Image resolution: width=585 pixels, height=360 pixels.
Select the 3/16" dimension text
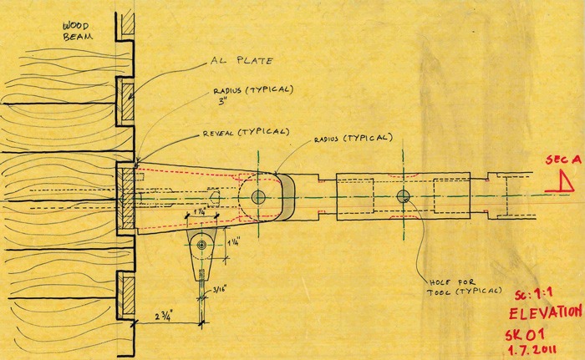pos(220,292)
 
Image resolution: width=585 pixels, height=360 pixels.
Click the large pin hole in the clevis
pos(258,196)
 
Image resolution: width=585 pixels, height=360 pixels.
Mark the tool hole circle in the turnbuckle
pos(404,197)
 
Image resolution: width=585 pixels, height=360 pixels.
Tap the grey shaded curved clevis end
pos(283,196)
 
